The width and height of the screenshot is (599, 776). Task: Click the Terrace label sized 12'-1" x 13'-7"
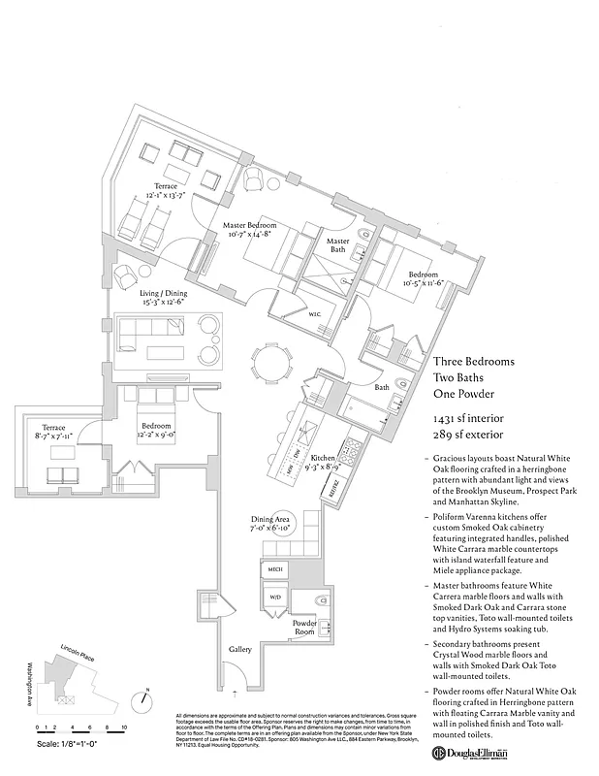[166, 185]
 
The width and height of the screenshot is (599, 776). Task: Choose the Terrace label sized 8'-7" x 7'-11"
[52, 428]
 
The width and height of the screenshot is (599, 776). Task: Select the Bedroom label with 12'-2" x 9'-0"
[155, 427]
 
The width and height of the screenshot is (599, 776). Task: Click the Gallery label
[240, 648]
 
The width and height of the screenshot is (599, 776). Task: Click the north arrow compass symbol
[144, 696]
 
